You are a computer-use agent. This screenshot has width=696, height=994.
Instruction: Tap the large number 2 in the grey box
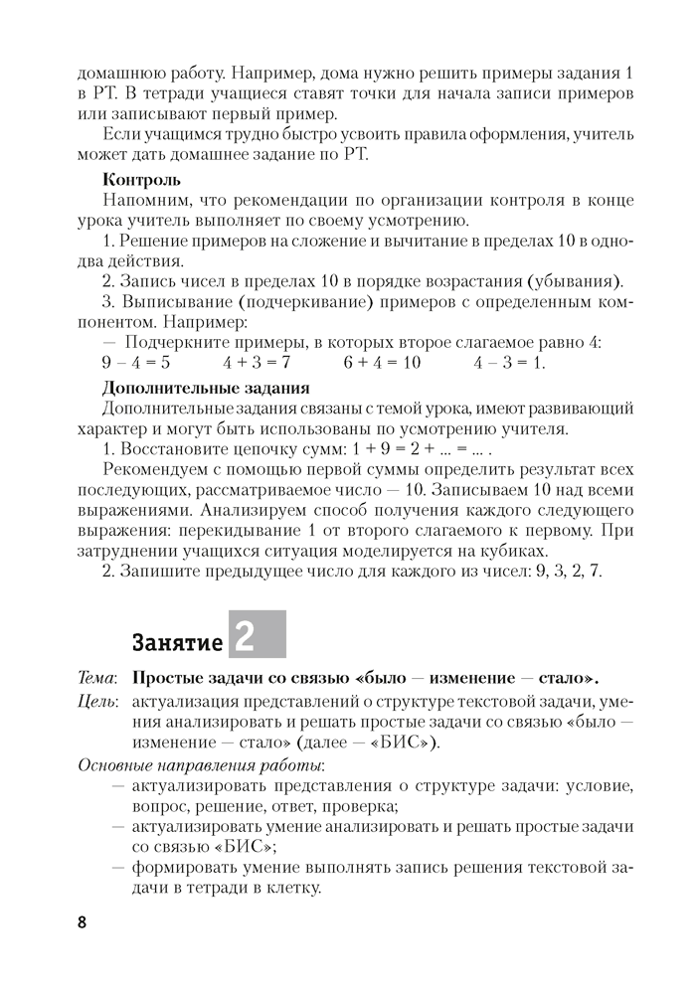pyautogui.click(x=245, y=635)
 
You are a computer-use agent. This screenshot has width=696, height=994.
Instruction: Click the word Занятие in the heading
pyautogui.click(x=178, y=643)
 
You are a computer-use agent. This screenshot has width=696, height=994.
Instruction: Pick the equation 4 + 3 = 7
pyautogui.click(x=257, y=363)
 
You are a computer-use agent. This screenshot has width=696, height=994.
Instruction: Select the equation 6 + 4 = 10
pyautogui.click(x=382, y=363)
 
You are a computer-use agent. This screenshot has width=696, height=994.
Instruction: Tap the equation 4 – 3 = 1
pyautogui.click(x=510, y=363)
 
